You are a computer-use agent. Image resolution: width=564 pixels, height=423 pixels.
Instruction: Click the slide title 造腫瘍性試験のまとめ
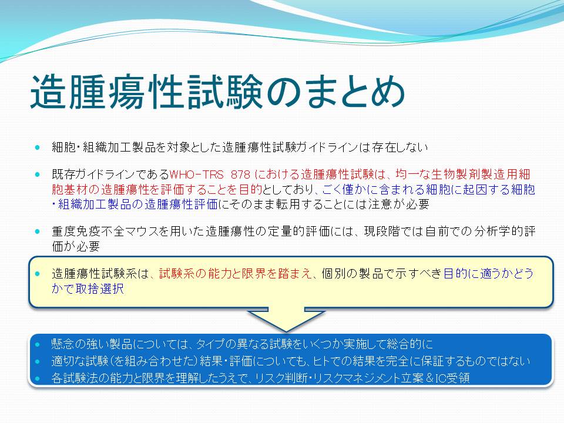click(218, 92)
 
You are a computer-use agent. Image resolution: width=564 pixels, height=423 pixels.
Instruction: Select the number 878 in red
click(240, 174)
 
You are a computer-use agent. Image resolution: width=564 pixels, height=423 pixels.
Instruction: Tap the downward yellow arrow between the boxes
click(286, 318)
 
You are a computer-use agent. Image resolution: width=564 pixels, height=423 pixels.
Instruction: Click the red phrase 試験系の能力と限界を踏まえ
click(235, 274)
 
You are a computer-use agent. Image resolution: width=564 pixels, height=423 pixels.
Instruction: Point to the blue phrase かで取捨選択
click(88, 289)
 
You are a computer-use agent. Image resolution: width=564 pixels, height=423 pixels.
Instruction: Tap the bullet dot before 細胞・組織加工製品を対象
click(38, 147)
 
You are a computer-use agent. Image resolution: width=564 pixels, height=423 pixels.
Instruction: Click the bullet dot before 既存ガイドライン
click(38, 175)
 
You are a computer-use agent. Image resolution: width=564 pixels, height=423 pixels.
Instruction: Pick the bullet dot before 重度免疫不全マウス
click(38, 231)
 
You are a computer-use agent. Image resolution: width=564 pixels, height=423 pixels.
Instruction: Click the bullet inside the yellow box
click(38, 274)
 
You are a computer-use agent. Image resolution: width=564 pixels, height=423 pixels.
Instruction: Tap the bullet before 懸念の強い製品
click(38, 344)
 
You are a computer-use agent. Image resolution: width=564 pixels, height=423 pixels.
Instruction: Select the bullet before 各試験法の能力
click(38, 378)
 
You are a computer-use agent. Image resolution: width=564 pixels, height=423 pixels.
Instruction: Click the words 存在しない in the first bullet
click(400, 147)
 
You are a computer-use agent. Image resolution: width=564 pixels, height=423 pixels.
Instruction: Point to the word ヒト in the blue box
click(320, 361)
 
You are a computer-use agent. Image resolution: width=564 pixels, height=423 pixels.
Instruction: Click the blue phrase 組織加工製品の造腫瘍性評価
click(137, 204)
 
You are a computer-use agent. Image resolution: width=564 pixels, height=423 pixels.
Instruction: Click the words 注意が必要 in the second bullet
click(399, 204)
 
